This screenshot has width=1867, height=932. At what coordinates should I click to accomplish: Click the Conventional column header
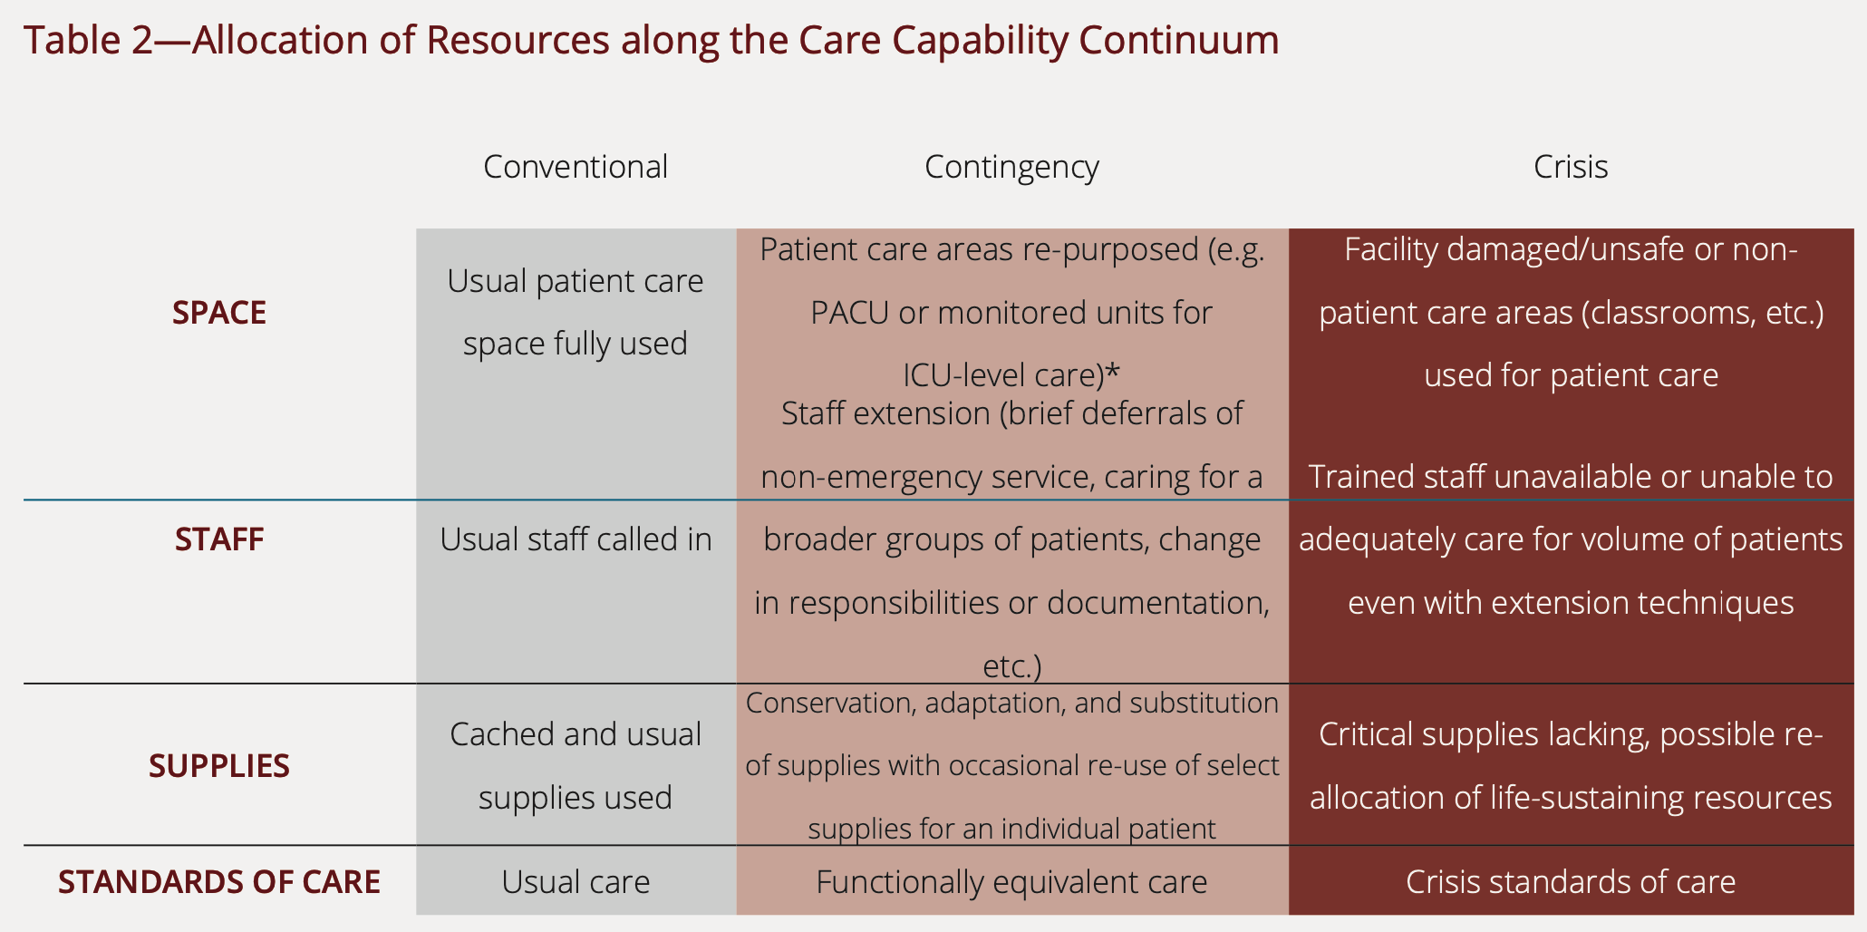click(576, 167)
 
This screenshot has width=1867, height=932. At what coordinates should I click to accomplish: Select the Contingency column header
click(1011, 168)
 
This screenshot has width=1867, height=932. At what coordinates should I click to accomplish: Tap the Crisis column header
click(1571, 167)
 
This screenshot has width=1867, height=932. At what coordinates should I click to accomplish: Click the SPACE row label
click(219, 313)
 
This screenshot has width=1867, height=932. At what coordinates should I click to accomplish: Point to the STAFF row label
click(219, 539)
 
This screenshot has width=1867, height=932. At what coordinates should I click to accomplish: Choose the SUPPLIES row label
click(219, 766)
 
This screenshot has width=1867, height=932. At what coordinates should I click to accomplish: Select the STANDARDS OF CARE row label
click(219, 882)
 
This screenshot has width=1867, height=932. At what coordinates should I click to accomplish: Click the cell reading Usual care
click(576, 882)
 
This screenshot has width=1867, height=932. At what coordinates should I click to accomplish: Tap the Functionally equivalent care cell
click(1011, 882)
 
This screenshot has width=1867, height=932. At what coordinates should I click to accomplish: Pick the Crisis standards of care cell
click(1571, 882)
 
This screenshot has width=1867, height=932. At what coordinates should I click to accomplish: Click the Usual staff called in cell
click(576, 539)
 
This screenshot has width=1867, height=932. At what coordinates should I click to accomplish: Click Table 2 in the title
click(89, 40)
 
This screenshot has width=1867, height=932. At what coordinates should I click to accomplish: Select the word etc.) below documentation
click(1012, 666)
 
